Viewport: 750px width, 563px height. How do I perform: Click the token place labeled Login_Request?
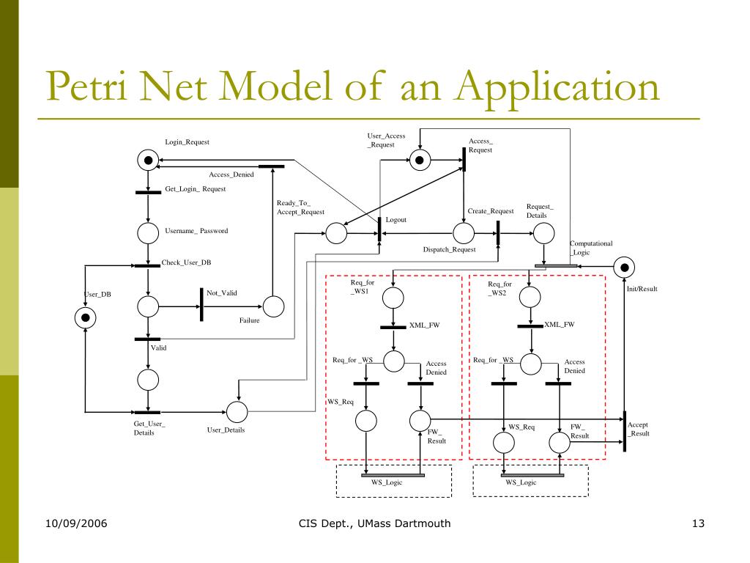pos(148,160)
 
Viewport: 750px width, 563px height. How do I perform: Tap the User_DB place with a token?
pos(86,317)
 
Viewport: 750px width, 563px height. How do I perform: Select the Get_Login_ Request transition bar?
pos(148,193)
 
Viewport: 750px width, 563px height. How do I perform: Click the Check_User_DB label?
pos(186,262)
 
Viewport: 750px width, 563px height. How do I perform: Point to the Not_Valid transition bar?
pos(201,303)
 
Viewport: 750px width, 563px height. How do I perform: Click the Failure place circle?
pos(273,306)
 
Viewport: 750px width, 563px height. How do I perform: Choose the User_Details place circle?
pos(237,412)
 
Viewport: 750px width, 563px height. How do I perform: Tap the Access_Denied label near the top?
pos(231,174)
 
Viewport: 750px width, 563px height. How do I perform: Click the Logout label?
pos(396,220)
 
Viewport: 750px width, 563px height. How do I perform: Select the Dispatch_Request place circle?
pos(463,233)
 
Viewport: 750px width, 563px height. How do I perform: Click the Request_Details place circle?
pos(543,233)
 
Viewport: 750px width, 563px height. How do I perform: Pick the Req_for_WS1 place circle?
pos(393,297)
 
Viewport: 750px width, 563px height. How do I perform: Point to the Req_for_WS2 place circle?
pos(530,297)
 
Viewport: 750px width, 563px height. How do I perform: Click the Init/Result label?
pos(642,289)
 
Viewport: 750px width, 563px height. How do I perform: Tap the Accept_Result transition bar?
pos(625,431)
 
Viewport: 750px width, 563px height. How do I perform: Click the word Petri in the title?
pos(83,88)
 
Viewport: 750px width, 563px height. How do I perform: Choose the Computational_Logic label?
pos(591,248)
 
